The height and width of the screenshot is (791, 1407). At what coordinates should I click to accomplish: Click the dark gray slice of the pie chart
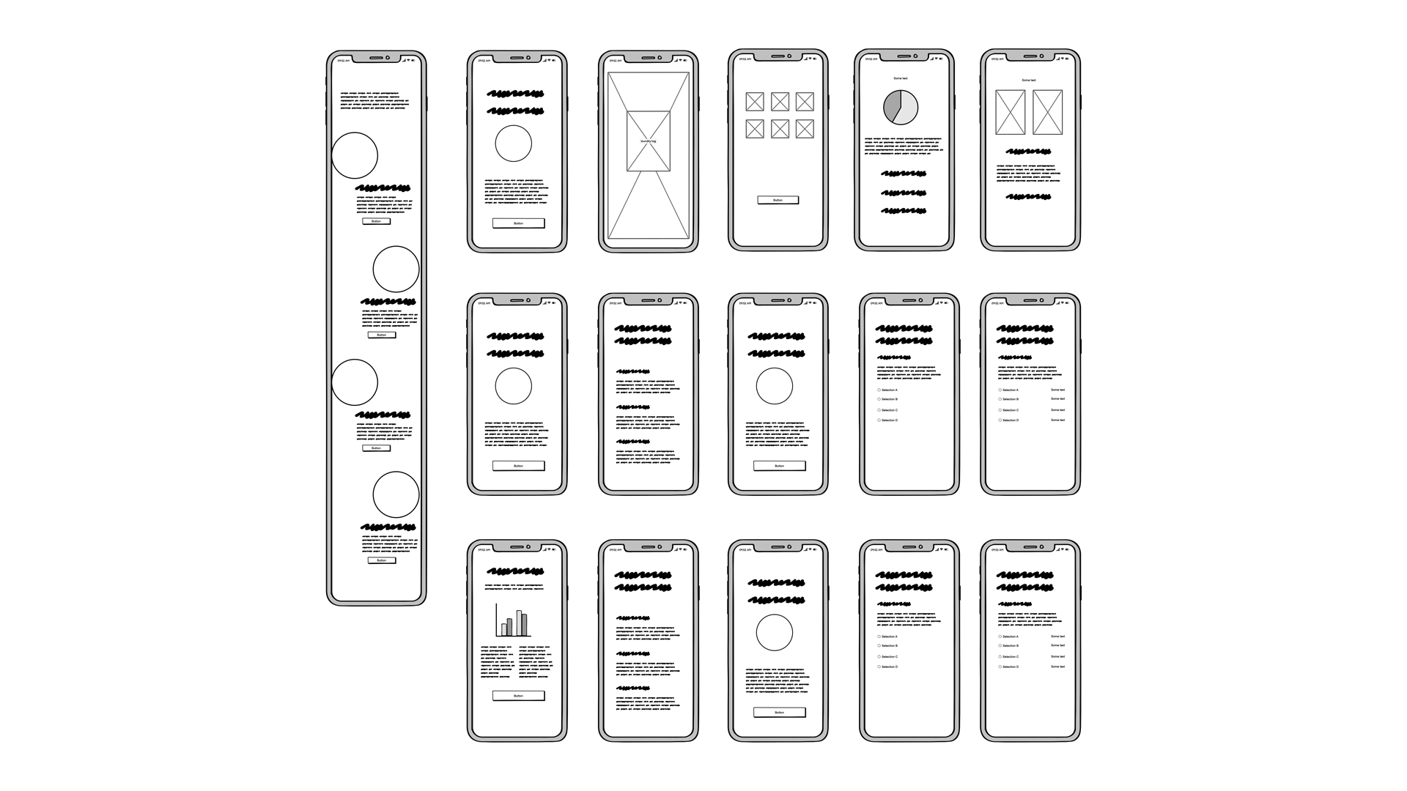point(890,105)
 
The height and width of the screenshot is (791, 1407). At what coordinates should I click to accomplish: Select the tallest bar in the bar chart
point(519,623)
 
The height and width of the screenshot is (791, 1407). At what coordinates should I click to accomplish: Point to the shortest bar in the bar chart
point(504,629)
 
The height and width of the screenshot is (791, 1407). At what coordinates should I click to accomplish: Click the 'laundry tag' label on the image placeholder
point(649,141)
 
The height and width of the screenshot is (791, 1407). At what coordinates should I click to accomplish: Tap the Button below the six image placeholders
point(778,200)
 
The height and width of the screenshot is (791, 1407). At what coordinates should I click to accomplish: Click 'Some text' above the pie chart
point(901,78)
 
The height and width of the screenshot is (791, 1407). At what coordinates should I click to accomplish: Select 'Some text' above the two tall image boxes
point(1029,81)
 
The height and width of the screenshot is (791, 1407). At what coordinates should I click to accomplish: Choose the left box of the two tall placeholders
point(1011,112)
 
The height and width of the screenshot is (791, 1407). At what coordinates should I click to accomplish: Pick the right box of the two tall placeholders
point(1047,112)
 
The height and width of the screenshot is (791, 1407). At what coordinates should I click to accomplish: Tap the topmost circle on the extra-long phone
point(355,155)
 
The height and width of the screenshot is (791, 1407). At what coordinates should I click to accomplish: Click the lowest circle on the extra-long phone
point(396,495)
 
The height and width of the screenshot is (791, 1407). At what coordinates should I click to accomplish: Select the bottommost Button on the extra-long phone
point(382,560)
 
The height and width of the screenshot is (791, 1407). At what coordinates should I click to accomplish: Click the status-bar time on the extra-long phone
point(342,61)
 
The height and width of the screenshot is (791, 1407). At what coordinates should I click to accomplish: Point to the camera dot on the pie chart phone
point(915,56)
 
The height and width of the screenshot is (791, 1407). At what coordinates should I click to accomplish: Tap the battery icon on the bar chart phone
point(554,549)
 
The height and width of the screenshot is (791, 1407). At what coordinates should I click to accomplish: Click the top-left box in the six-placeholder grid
point(755,102)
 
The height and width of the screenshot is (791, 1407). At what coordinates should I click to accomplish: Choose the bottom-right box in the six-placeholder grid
point(805,129)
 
